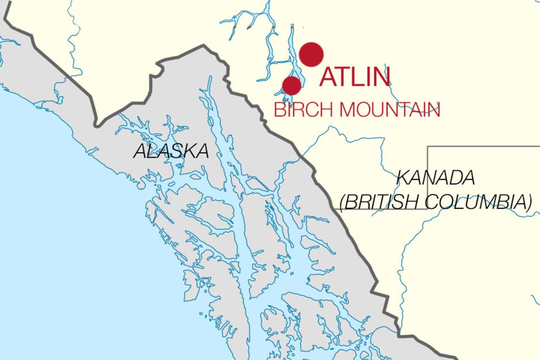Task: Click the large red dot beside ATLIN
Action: point(311,54)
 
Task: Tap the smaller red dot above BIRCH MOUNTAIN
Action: point(292,85)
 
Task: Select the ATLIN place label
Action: point(355,77)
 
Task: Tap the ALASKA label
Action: point(171,151)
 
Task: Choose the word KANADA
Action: point(436,178)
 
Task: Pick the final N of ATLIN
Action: point(382,77)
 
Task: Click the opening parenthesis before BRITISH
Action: point(343,202)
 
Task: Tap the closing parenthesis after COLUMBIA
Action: point(529,202)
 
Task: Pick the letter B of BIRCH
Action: point(279,110)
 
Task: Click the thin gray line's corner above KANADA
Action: point(427,146)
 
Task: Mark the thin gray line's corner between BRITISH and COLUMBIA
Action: point(427,209)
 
